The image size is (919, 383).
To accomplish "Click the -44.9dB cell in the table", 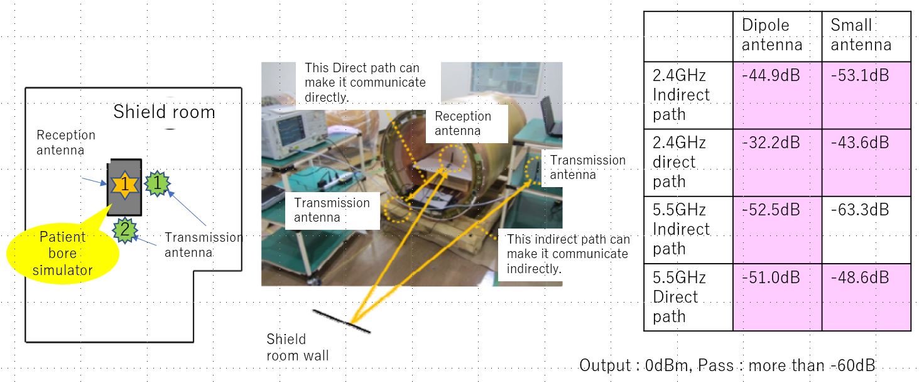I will click(x=776, y=95).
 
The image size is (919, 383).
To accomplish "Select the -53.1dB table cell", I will click(x=866, y=95).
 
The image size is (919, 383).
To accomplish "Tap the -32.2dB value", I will click(x=776, y=162).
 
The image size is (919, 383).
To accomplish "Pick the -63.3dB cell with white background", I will click(x=866, y=229).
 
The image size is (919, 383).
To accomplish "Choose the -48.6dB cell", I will click(x=866, y=296).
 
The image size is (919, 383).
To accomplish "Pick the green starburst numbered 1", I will click(x=158, y=183).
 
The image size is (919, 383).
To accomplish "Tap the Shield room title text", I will click(x=164, y=112).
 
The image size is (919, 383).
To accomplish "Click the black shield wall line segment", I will click(x=342, y=320).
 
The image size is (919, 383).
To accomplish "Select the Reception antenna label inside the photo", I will click(x=463, y=123).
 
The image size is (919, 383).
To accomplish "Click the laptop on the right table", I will click(x=552, y=117).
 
